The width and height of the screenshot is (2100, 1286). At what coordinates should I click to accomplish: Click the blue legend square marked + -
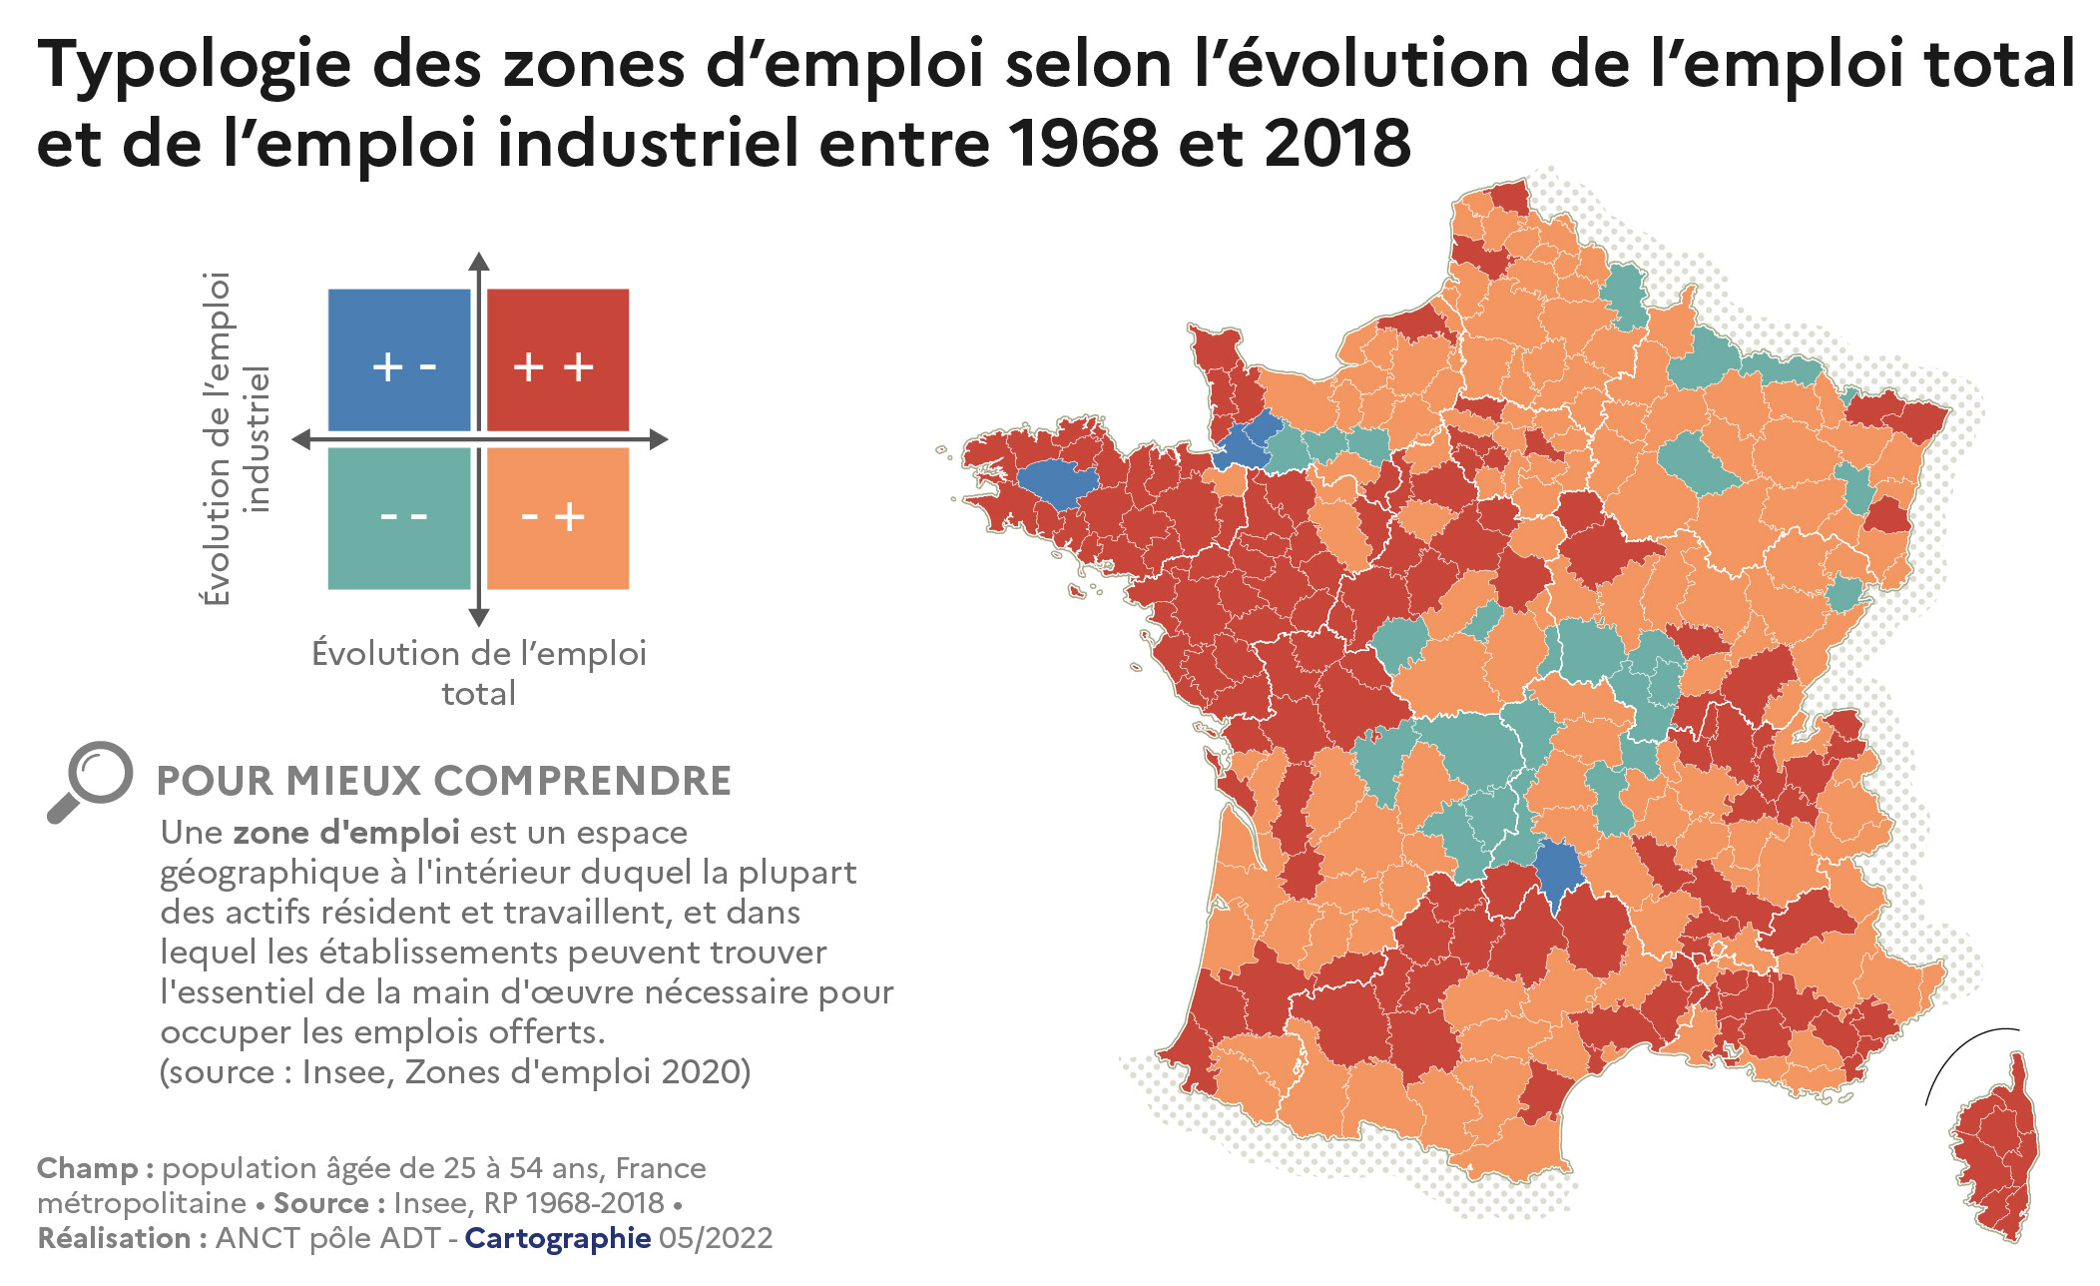point(399,360)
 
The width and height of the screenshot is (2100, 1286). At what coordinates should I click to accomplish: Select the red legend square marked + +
point(558,360)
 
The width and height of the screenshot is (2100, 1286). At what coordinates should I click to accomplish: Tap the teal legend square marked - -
point(399,518)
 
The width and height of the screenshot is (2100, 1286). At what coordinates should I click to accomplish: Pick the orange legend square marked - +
point(558,518)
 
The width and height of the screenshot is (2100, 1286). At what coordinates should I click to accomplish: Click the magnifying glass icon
point(90,781)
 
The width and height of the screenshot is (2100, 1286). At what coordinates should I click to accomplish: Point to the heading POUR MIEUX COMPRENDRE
point(444,781)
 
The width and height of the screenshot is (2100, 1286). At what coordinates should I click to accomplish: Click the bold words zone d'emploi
point(346,832)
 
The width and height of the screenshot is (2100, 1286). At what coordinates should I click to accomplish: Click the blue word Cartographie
point(557,1238)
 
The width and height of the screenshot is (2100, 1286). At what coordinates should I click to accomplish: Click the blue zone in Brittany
point(1057,483)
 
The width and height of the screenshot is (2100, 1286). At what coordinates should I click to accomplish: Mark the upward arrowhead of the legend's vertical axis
point(479,262)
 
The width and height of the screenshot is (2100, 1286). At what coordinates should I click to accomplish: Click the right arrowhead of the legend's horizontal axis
point(659,439)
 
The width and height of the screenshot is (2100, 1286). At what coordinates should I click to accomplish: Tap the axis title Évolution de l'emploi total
point(479,673)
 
